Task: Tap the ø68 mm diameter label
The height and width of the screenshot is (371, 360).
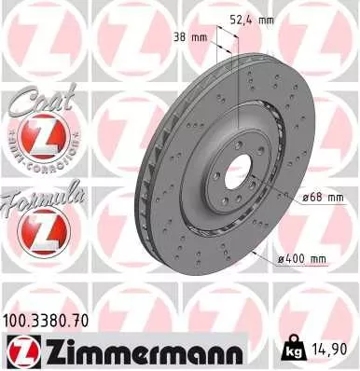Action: (x=324, y=197)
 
